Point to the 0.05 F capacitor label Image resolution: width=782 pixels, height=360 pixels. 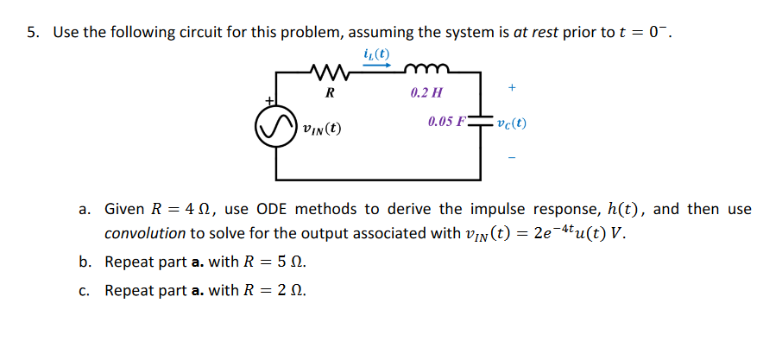point(446,122)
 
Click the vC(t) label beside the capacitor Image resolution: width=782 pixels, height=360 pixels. point(512,123)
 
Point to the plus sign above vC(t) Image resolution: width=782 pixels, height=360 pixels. point(512,87)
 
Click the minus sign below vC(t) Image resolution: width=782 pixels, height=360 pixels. point(512,158)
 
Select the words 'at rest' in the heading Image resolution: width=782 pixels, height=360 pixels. point(535,33)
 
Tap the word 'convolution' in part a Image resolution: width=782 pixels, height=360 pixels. point(145,233)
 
